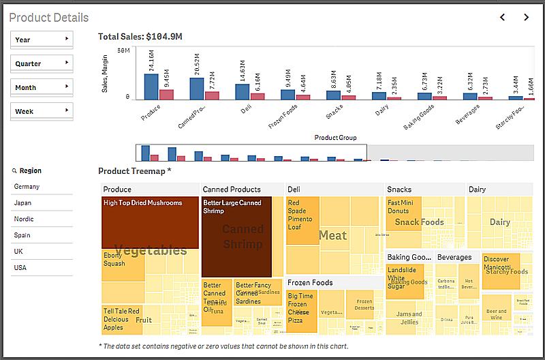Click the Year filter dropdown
(42, 40)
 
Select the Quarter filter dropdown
(42, 63)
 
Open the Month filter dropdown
(42, 87)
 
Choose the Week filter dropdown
(42, 111)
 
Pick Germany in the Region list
(27, 187)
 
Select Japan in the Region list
(23, 203)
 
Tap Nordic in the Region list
(24, 219)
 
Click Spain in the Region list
(22, 235)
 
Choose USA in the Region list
(20, 268)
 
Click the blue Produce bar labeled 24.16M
(151, 87)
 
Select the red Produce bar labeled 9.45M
(166, 95)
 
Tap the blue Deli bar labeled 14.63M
(242, 92)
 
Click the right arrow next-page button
(526, 17)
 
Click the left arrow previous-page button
(502, 17)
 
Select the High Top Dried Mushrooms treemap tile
(150, 222)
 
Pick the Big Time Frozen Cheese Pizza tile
(301, 311)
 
